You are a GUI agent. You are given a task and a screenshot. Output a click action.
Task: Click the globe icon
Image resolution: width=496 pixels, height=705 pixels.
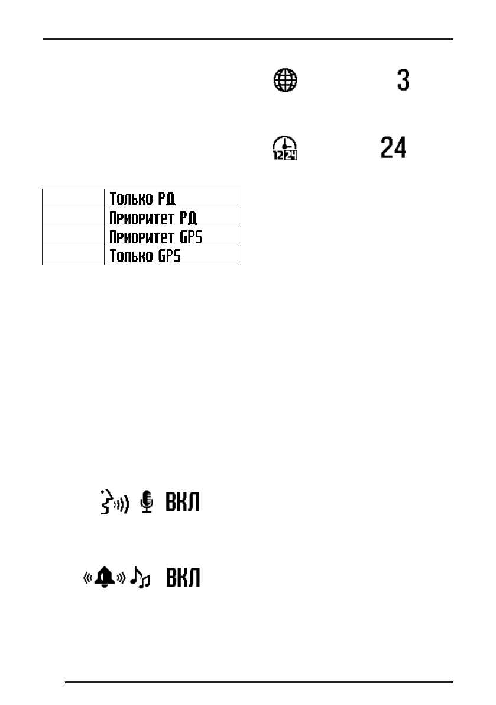[x=286, y=80]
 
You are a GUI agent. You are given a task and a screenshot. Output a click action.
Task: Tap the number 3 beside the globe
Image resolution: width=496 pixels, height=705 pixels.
[x=403, y=80]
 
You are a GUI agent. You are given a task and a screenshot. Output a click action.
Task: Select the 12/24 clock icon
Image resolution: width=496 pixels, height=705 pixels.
[x=285, y=148]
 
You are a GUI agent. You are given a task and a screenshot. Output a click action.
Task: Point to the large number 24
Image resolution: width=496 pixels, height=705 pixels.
[x=393, y=148]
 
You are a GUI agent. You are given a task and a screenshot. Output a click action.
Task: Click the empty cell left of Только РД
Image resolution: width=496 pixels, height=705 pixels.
[x=73, y=198]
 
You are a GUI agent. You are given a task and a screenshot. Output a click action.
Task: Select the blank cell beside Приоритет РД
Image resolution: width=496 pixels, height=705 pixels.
[x=73, y=217]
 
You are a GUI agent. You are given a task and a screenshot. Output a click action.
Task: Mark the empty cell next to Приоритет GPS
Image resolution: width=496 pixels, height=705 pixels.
[x=73, y=236]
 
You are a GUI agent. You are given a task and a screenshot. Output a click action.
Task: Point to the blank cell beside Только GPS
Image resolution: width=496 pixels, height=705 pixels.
[x=73, y=255]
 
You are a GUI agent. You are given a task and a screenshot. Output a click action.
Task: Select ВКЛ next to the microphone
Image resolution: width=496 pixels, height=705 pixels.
[x=182, y=503]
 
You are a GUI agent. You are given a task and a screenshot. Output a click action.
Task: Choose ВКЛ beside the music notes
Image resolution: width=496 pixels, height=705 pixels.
[x=182, y=578]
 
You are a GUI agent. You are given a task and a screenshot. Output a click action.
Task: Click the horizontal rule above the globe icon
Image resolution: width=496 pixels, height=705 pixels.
[x=248, y=40]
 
